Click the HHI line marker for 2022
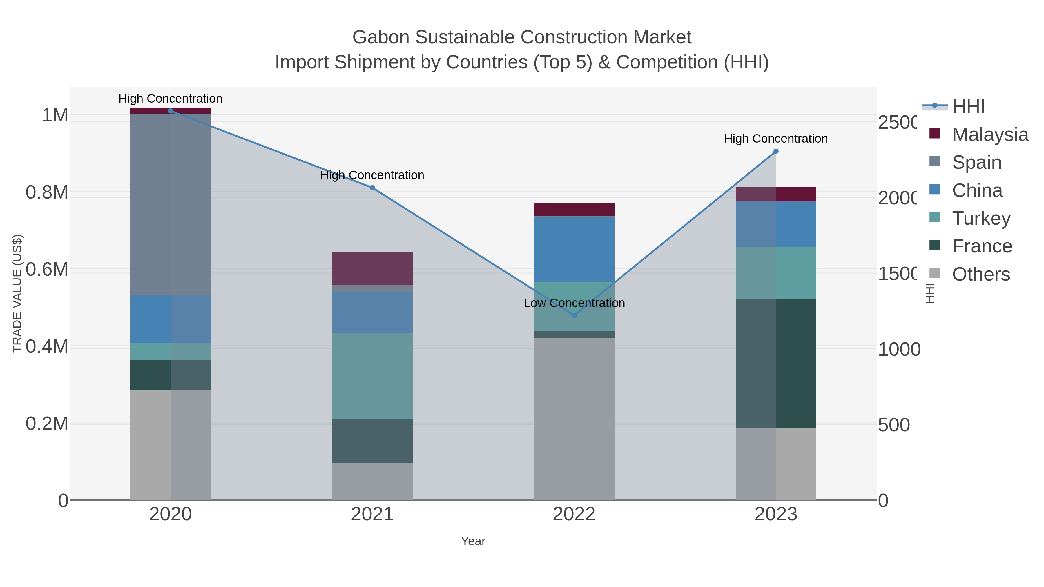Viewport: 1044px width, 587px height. pyautogui.click(x=574, y=315)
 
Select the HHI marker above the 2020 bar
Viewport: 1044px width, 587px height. pyautogui.click(x=170, y=111)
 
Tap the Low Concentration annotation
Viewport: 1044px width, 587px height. pyautogui.click(x=574, y=303)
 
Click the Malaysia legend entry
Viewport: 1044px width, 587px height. pyautogui.click(x=990, y=135)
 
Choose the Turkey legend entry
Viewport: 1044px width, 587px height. pyautogui.click(x=981, y=218)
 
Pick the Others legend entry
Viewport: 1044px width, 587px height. pyautogui.click(x=981, y=274)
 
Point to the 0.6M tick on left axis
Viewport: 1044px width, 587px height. pyautogui.click(x=47, y=269)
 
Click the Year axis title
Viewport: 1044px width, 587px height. pyautogui.click(x=473, y=541)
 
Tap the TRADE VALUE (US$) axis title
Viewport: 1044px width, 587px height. pyautogui.click(x=17, y=293)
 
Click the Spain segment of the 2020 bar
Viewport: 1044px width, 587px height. pyautogui.click(x=170, y=205)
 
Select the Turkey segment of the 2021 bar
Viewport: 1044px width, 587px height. pyautogui.click(x=372, y=376)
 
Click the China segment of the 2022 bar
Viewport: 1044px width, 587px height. pyautogui.click(x=574, y=250)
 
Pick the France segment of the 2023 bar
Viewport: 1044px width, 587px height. pyautogui.click(x=776, y=364)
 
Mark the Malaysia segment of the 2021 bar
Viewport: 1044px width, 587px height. pyautogui.click(x=372, y=269)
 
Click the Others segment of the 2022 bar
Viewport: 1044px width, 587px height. pyautogui.click(x=574, y=419)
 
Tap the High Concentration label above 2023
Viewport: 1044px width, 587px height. pyautogui.click(x=776, y=139)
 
